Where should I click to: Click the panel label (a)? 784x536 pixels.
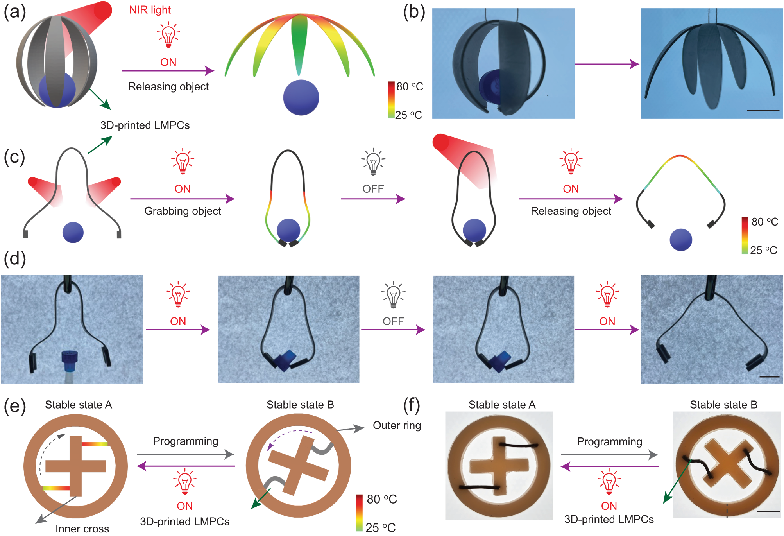point(14,12)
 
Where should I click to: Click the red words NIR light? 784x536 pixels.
point(150,10)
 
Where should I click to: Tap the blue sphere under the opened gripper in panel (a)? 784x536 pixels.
point(301,97)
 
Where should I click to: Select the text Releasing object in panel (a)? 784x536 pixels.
point(168,86)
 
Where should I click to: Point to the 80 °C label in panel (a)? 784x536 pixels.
point(409,86)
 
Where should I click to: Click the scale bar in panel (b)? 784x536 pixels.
point(763,111)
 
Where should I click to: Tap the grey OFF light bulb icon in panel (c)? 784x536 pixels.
point(373,161)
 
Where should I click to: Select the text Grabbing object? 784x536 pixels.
point(183,211)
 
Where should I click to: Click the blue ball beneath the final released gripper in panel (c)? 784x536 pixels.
point(680,240)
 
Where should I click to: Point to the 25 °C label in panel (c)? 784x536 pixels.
point(763,250)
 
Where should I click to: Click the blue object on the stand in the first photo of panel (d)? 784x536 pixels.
point(70,360)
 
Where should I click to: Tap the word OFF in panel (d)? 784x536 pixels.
point(393,321)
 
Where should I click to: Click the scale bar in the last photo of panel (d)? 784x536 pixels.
point(769,377)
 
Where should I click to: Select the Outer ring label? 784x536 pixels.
point(397,425)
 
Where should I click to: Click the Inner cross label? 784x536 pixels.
point(82,529)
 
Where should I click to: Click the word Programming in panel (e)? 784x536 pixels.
point(185,441)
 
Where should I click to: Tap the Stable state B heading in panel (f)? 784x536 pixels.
point(723,405)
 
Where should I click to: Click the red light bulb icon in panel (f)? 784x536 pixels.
point(609,482)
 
